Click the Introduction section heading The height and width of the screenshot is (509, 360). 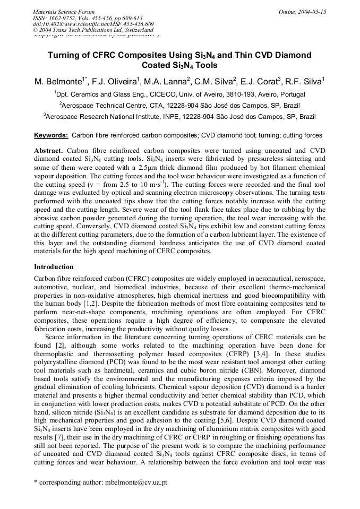[x=54, y=267]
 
